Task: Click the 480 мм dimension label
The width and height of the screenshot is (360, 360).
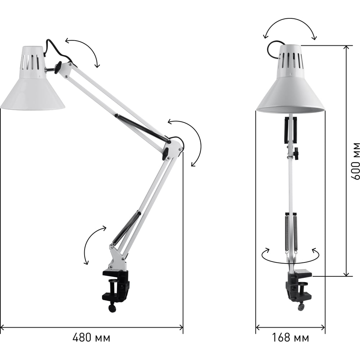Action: (x=91, y=338)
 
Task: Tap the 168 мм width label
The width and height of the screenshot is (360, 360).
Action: (x=291, y=338)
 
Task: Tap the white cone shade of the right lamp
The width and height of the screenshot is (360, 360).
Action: (x=291, y=79)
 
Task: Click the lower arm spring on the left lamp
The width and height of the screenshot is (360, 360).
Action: (x=126, y=229)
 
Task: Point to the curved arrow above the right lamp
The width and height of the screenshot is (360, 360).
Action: (x=290, y=19)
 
